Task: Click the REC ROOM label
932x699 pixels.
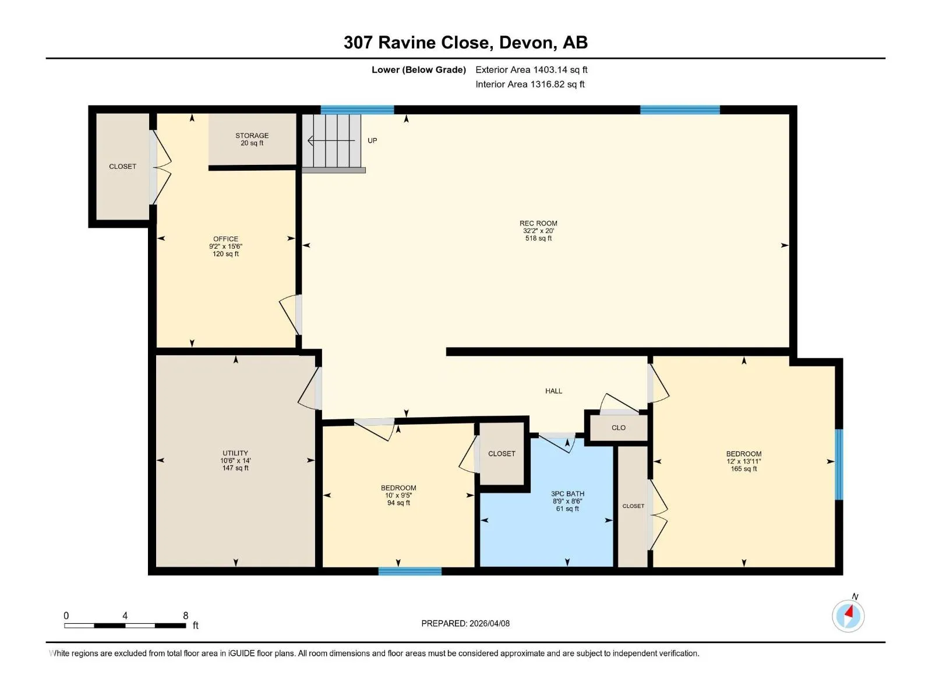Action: (x=538, y=223)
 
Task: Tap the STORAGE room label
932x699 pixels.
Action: (x=252, y=135)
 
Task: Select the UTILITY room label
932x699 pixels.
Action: (x=235, y=453)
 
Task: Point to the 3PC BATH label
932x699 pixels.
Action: (x=568, y=493)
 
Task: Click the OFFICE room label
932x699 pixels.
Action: (x=225, y=239)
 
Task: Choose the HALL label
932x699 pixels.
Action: (x=554, y=391)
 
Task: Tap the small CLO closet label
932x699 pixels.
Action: (x=619, y=428)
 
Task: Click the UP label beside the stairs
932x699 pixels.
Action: (x=372, y=140)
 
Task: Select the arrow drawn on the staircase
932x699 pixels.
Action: (x=331, y=140)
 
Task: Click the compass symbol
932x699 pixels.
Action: (x=848, y=616)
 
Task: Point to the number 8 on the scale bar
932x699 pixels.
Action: (x=186, y=615)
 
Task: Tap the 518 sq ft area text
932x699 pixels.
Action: (x=538, y=238)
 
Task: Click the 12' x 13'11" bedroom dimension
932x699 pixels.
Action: (x=743, y=461)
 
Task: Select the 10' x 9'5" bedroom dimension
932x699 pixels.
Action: (x=398, y=495)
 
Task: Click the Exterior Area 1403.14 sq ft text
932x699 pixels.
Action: (x=531, y=69)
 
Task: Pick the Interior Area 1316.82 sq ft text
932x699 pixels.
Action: (x=530, y=84)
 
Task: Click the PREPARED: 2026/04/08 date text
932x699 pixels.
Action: (x=465, y=623)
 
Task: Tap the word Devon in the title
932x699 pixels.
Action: (x=527, y=43)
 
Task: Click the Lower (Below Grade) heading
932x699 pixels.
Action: (x=419, y=69)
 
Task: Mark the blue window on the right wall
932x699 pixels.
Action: (x=839, y=465)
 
